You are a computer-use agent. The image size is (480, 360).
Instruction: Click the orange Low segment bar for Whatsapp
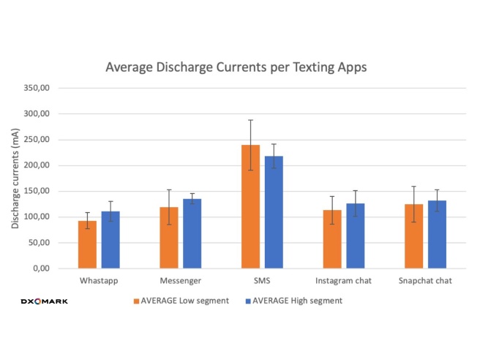coord(88,244)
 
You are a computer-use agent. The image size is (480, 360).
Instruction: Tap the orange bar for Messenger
coord(169,238)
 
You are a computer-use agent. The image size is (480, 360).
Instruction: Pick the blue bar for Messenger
coord(192,233)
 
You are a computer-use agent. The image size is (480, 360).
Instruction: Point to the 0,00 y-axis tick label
coord(40,269)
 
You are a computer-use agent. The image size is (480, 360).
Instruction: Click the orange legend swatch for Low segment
coord(137,301)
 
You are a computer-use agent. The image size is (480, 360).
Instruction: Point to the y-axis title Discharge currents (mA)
coord(15,179)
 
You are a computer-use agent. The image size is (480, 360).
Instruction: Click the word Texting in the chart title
coord(315,67)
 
